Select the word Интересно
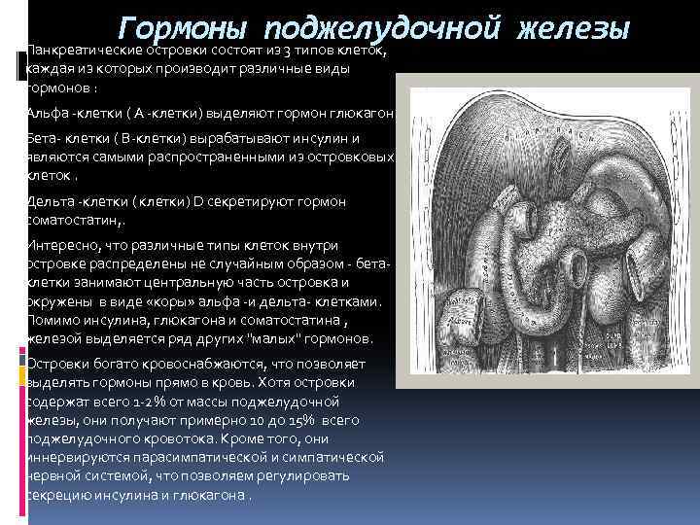(x=66, y=247)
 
